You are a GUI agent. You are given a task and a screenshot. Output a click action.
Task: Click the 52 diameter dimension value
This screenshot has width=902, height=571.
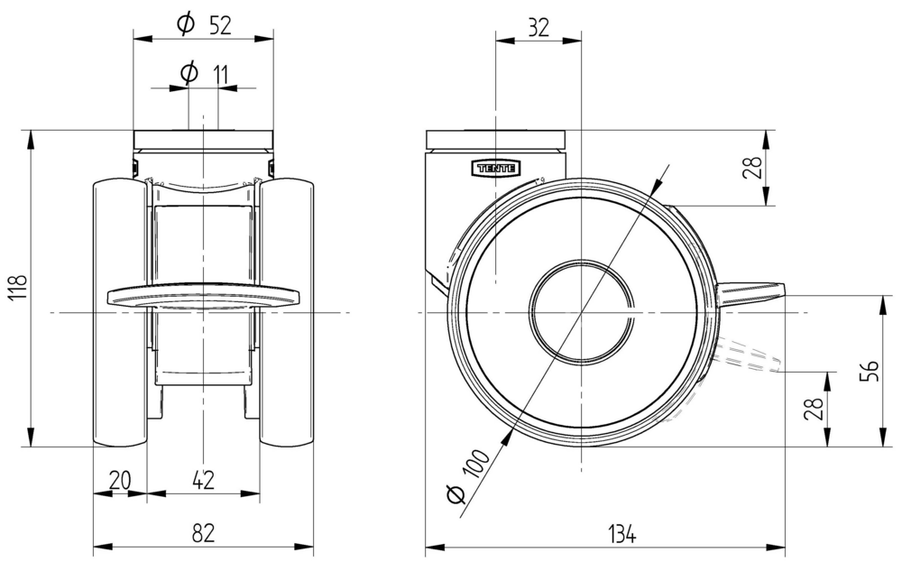(x=221, y=25)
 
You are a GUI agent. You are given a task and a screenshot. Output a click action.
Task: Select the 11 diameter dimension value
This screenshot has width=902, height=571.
(x=220, y=74)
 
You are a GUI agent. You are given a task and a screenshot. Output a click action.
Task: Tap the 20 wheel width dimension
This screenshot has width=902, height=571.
(x=119, y=481)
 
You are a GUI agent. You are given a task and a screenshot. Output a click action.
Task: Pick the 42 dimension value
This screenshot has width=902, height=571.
(x=203, y=481)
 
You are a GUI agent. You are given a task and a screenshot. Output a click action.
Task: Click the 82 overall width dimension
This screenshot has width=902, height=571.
(x=203, y=534)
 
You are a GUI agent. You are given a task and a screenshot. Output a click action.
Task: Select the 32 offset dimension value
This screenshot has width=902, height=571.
(x=538, y=27)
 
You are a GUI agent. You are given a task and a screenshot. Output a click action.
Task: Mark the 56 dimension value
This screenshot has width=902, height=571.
(x=868, y=370)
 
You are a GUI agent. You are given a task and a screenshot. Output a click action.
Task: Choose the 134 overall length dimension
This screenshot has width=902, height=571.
(x=621, y=534)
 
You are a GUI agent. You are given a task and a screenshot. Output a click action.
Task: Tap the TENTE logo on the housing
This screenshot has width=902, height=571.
(x=496, y=167)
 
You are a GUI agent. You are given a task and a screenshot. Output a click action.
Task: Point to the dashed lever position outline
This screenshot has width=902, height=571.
(x=749, y=356)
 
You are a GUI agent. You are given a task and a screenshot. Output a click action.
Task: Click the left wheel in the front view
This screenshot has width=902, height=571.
(x=120, y=313)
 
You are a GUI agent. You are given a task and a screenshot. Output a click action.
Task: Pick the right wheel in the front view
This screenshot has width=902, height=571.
(x=287, y=313)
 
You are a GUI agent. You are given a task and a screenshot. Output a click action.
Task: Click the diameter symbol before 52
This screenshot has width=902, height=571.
(x=186, y=25)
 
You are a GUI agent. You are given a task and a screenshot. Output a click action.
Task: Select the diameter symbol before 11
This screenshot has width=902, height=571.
(x=189, y=74)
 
